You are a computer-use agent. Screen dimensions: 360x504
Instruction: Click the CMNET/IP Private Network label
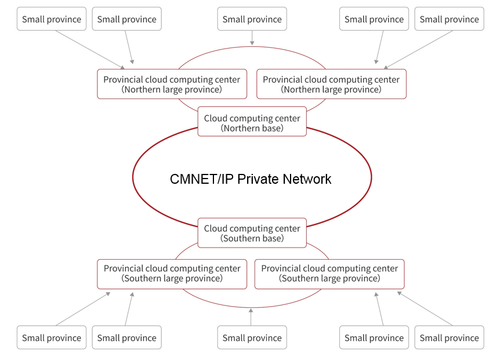click(x=251, y=179)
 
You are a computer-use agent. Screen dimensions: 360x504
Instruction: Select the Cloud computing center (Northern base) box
click(x=252, y=122)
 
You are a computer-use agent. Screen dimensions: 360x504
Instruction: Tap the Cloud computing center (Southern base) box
click(x=252, y=232)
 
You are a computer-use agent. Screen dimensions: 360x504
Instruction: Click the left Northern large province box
click(x=172, y=84)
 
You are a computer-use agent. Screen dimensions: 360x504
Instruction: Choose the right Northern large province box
click(x=331, y=84)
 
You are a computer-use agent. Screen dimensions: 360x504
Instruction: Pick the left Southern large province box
click(x=172, y=274)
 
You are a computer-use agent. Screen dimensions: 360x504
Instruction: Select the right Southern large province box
click(x=329, y=274)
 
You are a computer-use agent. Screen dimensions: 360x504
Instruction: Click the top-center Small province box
click(x=252, y=19)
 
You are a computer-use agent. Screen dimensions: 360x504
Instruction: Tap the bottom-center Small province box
click(x=252, y=337)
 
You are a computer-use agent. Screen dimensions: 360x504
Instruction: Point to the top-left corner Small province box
click(x=52, y=19)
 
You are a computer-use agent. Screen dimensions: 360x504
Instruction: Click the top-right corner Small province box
click(x=449, y=19)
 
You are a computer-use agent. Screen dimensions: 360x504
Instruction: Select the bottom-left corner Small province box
click(x=52, y=337)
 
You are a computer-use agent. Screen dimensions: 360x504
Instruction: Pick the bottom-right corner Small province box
click(x=449, y=337)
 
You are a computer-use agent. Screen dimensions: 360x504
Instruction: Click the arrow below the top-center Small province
click(x=252, y=38)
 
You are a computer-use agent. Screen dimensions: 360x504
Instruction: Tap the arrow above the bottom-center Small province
click(x=252, y=317)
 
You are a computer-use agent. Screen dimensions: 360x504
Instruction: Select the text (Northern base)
click(x=252, y=128)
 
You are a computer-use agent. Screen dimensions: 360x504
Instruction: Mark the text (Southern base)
click(x=252, y=238)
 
